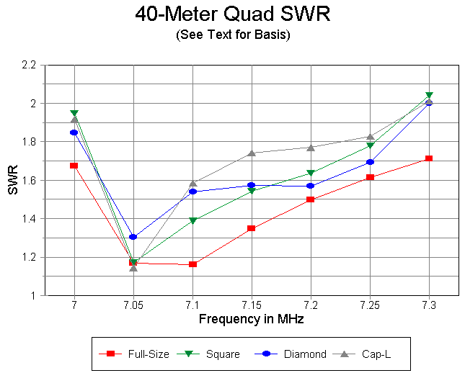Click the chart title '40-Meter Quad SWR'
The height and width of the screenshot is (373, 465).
[232, 15]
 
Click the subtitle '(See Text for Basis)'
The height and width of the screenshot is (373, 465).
[232, 35]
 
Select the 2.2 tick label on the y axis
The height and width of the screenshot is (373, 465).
[29, 66]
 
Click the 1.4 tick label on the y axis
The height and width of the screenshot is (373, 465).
[29, 219]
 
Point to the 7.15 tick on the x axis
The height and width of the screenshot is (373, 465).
[251, 306]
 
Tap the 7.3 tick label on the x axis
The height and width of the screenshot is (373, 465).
[428, 306]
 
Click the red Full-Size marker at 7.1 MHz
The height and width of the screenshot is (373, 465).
[192, 264]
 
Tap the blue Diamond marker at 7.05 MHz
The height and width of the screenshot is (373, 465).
[133, 237]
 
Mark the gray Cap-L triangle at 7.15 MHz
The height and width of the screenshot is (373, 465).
[252, 153]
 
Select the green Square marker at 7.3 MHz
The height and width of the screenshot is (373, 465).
[429, 95]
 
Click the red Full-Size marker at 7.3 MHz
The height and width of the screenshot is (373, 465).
[429, 158]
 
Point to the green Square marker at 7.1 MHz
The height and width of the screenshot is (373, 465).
[192, 221]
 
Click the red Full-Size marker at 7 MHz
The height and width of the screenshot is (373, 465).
[74, 166]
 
